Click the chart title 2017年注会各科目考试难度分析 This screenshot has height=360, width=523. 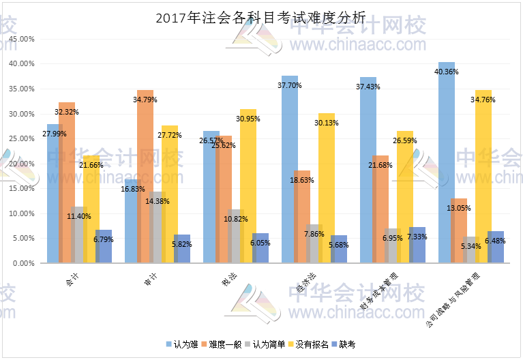pos(261,18)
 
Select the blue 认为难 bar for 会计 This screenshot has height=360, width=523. pos(52,198)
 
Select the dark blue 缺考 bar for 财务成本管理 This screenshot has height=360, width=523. pos(417,245)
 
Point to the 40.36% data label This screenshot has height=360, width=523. pos(447,71)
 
